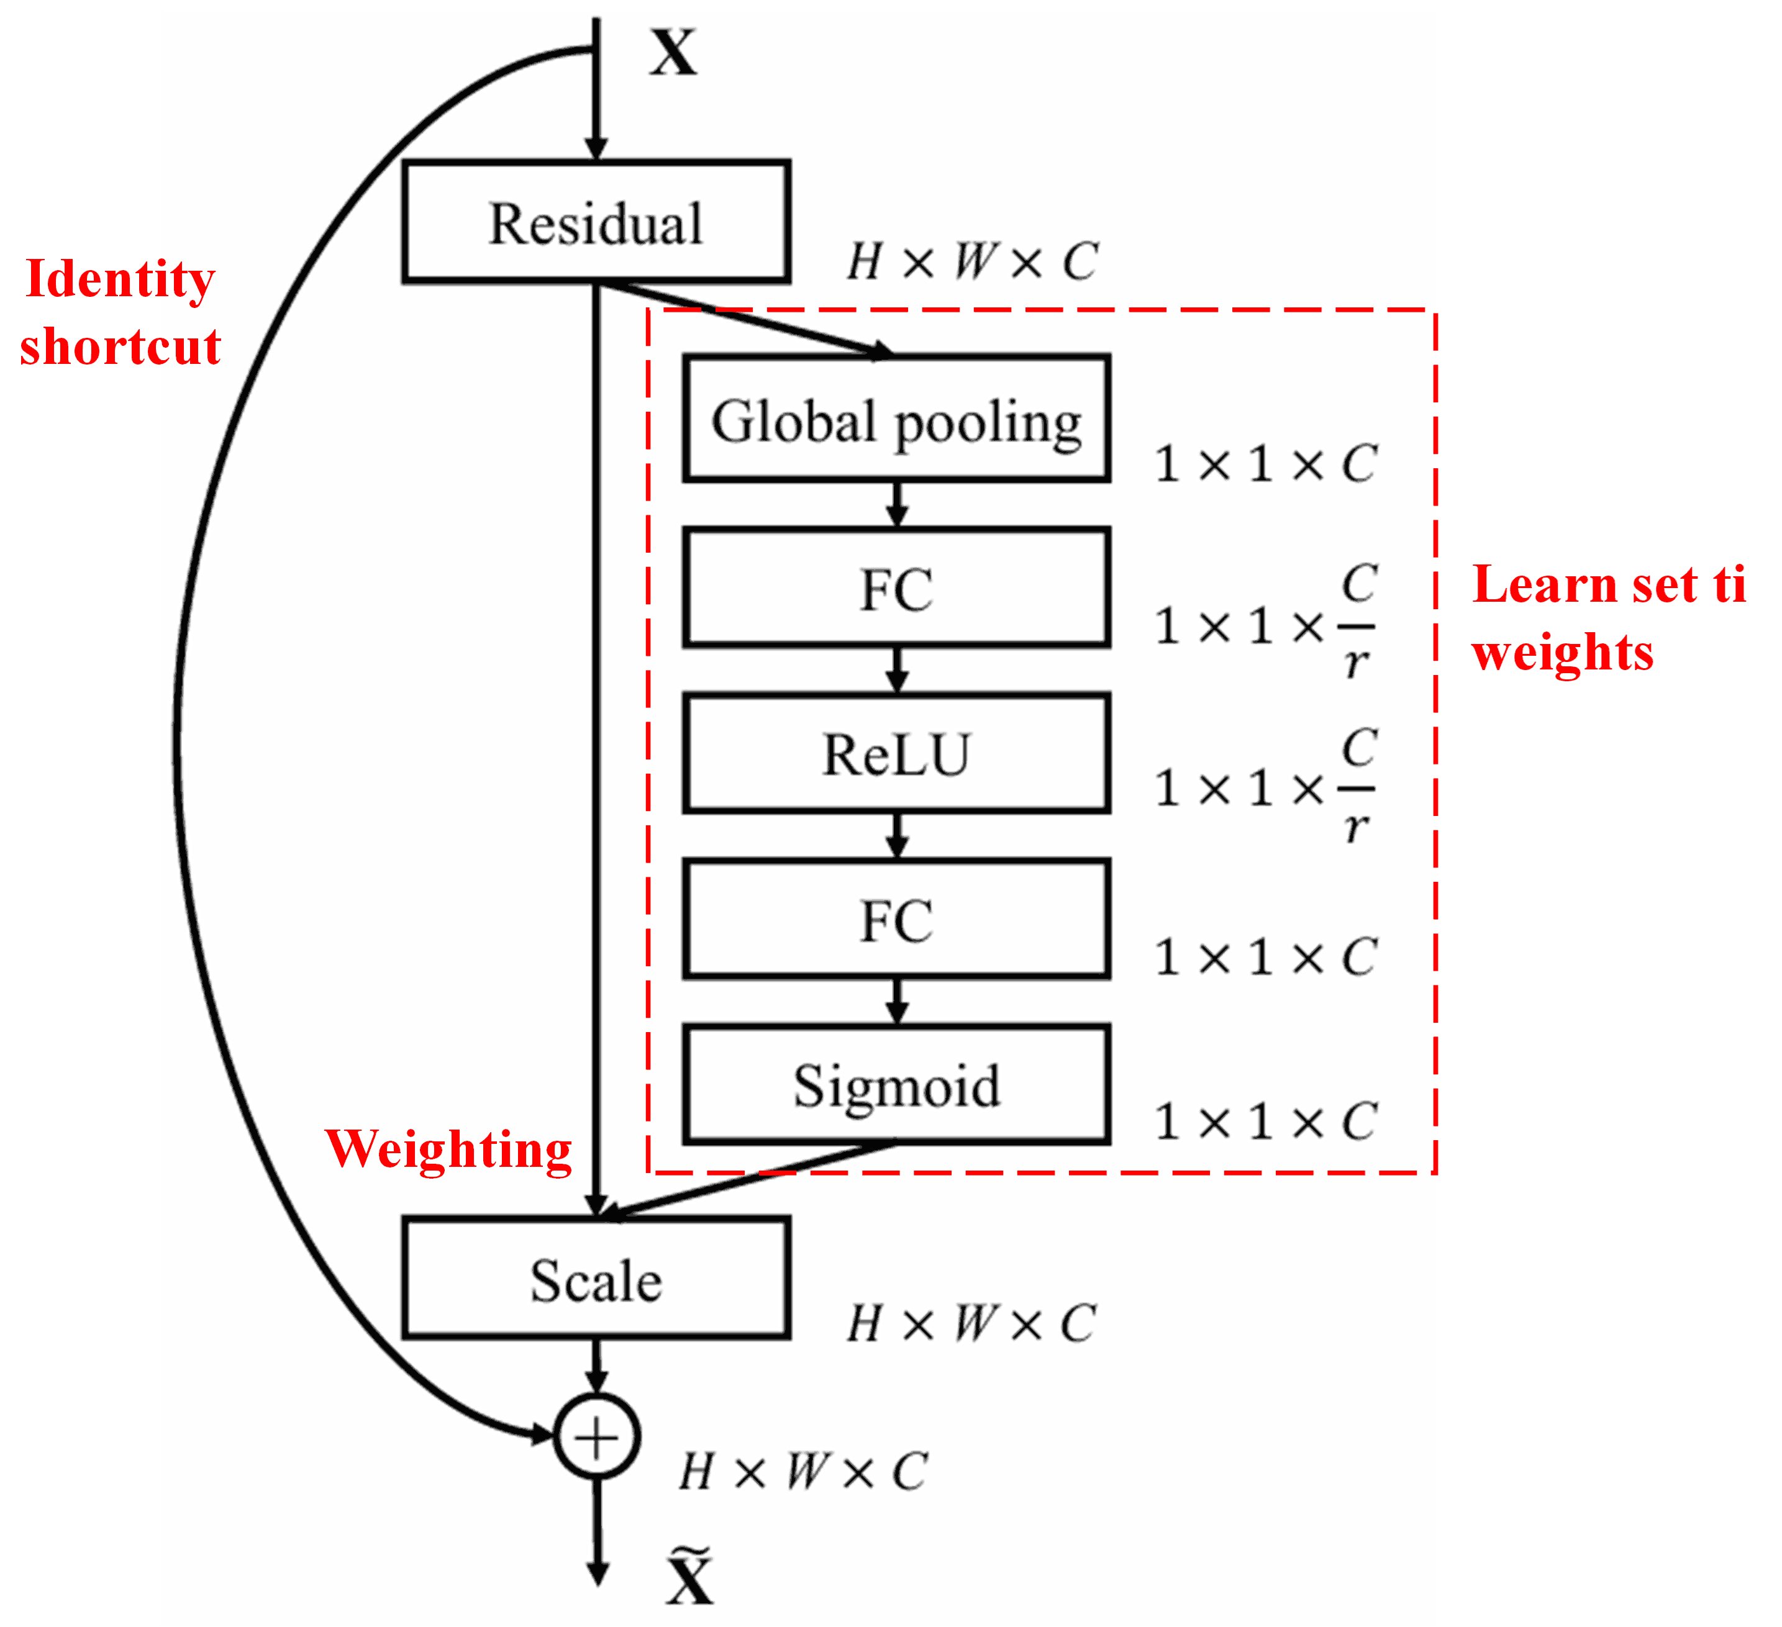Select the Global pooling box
pyautogui.click(x=896, y=419)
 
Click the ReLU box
pyautogui.click(x=896, y=754)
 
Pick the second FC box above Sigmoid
pyautogui.click(x=896, y=919)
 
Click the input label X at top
pyautogui.click(x=673, y=53)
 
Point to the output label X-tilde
pyautogui.click(x=689, y=1577)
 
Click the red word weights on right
pyautogui.click(x=1562, y=652)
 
